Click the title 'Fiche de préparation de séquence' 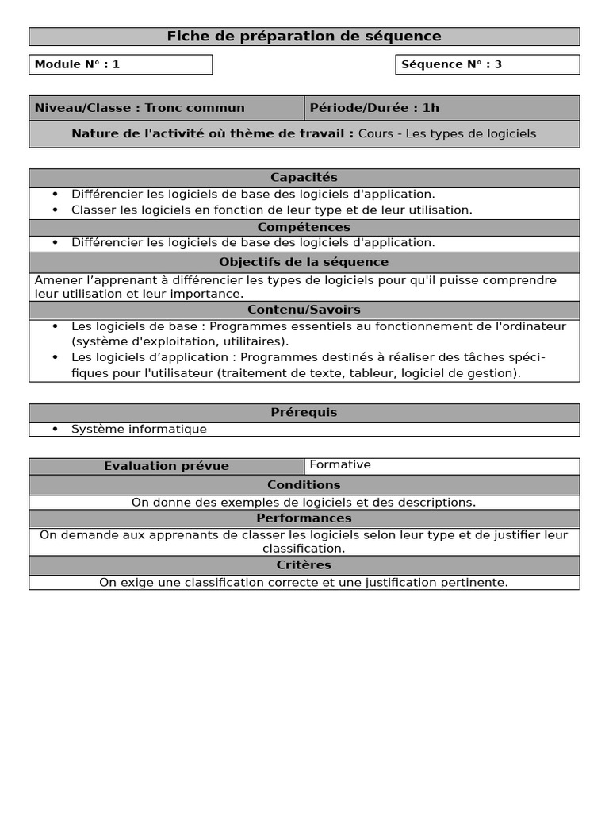coord(304,37)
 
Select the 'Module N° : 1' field coord(121,64)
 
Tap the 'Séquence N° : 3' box coord(487,64)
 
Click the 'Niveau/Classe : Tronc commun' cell coord(167,108)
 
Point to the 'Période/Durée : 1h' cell coord(441,108)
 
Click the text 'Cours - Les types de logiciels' coord(446,133)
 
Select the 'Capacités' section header coord(304,178)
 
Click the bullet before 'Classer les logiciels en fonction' coord(56,210)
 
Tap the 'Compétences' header coord(304,228)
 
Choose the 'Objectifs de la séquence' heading coord(304,262)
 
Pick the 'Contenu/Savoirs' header coord(304,310)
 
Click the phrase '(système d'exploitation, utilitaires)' coord(180,341)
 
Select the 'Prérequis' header coord(304,413)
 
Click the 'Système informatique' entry coord(139,430)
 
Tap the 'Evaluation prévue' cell coord(167,466)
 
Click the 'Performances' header coord(304,518)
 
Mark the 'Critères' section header coord(304,565)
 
